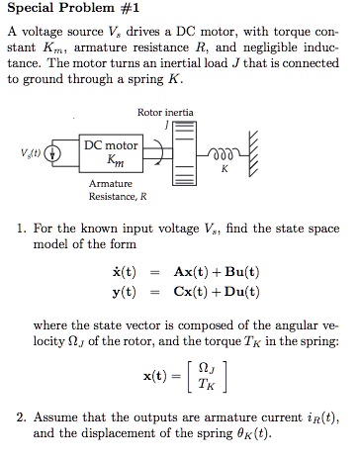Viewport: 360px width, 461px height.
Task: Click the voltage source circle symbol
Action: pyautogui.click(x=56, y=155)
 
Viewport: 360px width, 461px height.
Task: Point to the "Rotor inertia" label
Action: pyautogui.click(x=163, y=114)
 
